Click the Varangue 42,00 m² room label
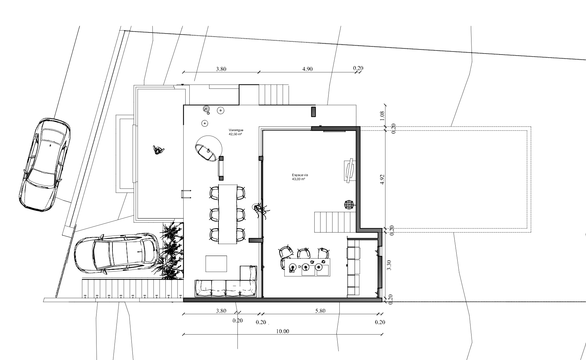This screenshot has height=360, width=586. (236, 132)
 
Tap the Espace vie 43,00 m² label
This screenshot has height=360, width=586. (300, 177)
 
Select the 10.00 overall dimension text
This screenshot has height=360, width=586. (282, 331)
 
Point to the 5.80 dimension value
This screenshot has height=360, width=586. (320, 311)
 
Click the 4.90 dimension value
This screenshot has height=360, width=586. (307, 69)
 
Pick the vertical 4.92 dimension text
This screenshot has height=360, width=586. (382, 180)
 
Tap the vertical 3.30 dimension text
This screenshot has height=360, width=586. (389, 265)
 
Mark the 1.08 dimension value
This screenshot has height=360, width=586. (382, 116)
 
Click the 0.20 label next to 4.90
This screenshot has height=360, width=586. (358, 68)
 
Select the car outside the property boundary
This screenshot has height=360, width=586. (44, 165)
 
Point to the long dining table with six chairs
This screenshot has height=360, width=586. (227, 214)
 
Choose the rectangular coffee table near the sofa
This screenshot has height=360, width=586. (216, 264)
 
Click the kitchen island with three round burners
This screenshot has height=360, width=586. (307, 267)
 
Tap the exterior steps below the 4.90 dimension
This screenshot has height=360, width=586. (274, 95)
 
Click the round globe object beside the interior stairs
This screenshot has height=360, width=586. (349, 205)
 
